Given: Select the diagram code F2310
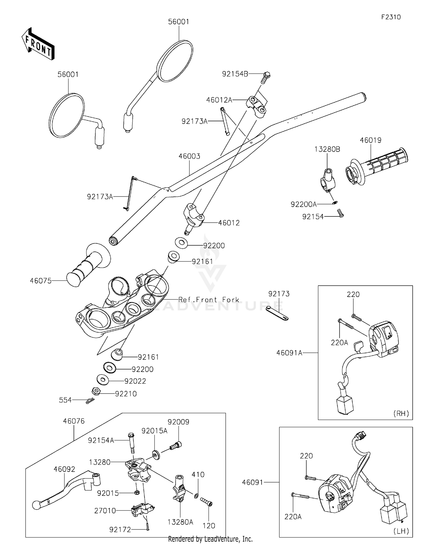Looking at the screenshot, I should [x=391, y=17].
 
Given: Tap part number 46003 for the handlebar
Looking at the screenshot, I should [x=189, y=156].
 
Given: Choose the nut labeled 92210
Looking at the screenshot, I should [x=96, y=391].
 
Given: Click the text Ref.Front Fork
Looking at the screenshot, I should [x=209, y=300].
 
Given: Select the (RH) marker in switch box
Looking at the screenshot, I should [x=401, y=413].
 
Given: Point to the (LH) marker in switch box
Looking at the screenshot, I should [x=401, y=531].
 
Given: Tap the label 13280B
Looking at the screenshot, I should [x=327, y=149].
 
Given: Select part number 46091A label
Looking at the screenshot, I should [x=289, y=353].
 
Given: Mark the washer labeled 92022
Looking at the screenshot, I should [x=103, y=380].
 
